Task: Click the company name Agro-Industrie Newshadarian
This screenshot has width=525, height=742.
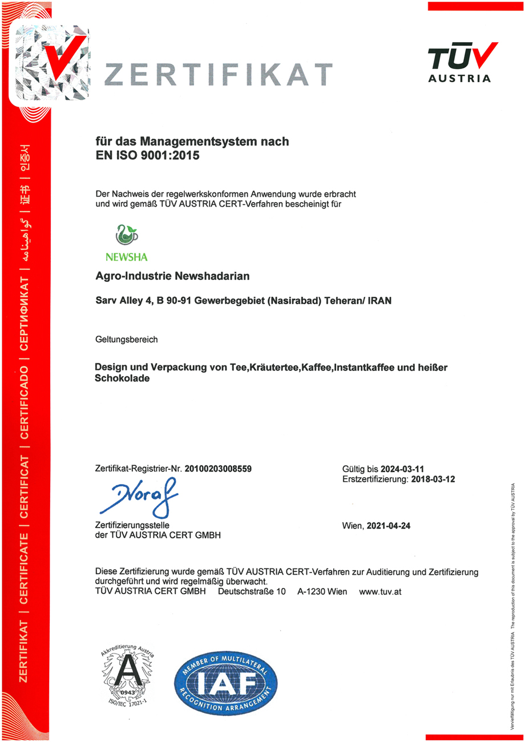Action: tap(172, 276)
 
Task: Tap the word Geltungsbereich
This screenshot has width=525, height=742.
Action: tap(126, 340)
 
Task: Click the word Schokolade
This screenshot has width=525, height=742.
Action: tap(122, 379)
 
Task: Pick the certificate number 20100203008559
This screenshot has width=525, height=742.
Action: tap(217, 469)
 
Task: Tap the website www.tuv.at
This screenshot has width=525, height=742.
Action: tap(381, 592)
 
